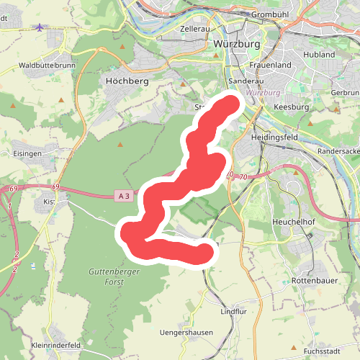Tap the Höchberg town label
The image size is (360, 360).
click(x=126, y=81)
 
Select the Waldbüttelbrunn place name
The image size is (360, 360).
click(x=47, y=65)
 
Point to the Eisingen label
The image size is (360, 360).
click(x=27, y=153)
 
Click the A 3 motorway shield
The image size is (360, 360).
click(x=124, y=195)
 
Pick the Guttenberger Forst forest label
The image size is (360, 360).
click(x=116, y=276)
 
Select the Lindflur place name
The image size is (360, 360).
click(x=233, y=312)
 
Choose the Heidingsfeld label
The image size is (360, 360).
click(x=274, y=137)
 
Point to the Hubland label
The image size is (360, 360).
click(x=320, y=54)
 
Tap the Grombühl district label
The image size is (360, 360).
click(x=271, y=14)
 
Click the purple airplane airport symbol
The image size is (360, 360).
click(x=38, y=27)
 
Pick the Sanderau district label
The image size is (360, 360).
click(x=243, y=81)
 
